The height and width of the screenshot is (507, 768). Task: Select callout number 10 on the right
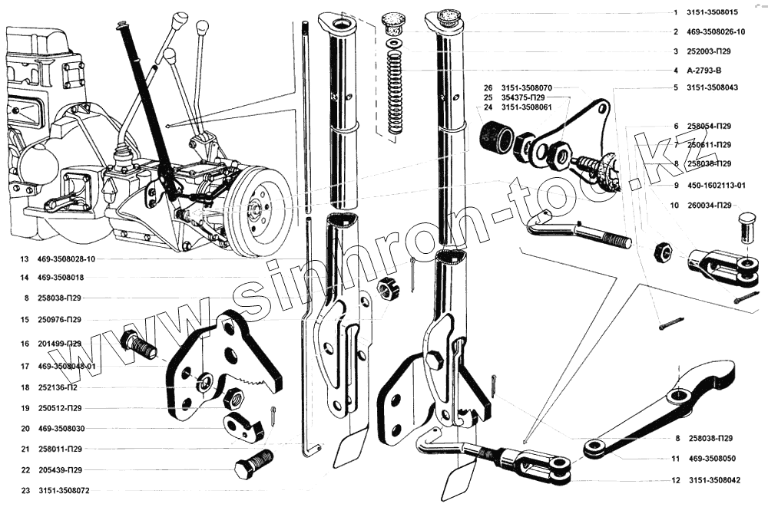[x=674, y=205]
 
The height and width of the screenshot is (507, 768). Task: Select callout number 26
[x=487, y=88]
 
